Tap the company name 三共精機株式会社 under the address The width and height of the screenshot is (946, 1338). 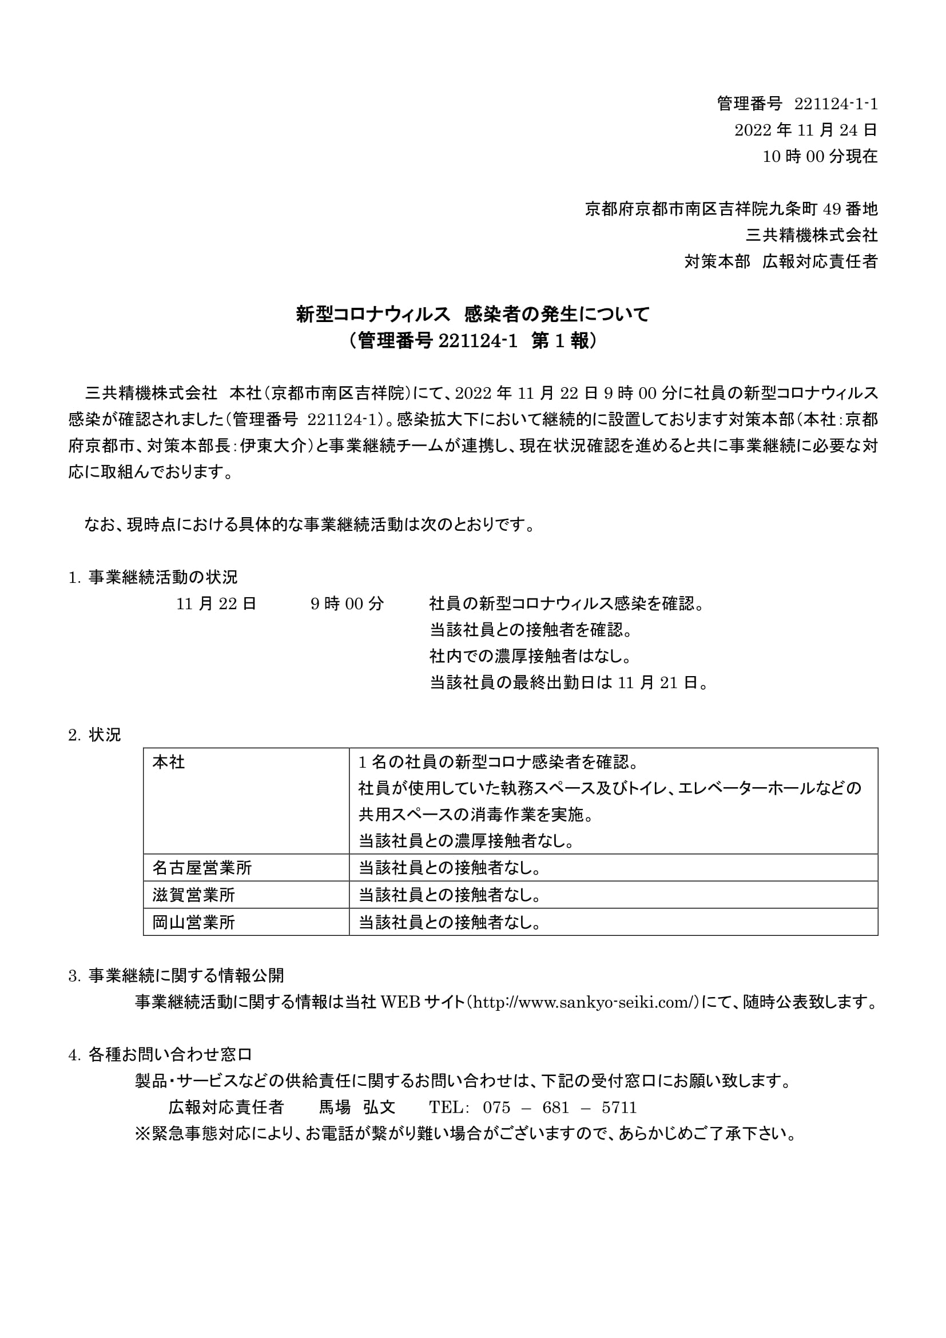(x=812, y=236)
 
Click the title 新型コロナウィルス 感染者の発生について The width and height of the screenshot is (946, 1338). (x=472, y=315)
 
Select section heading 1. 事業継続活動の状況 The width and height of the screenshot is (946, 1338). (x=153, y=578)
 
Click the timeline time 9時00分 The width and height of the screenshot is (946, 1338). (x=347, y=604)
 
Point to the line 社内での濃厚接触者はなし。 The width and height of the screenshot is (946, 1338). (x=531, y=656)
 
